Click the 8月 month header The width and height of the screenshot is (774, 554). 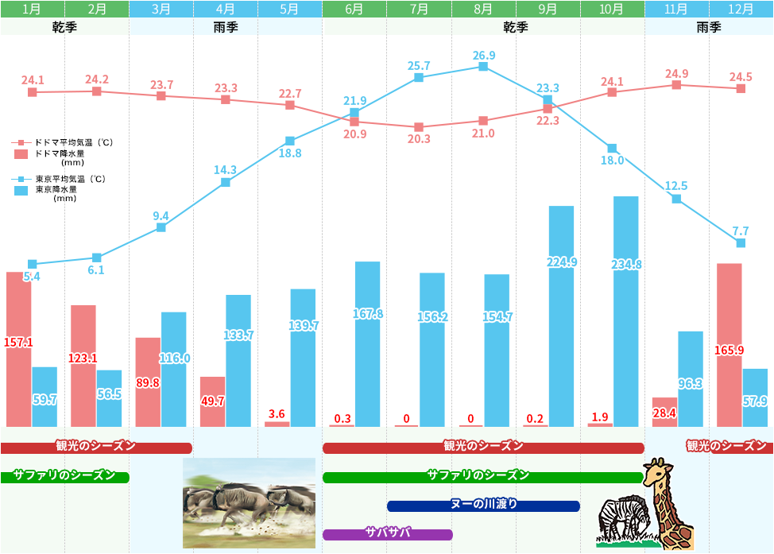point(483,9)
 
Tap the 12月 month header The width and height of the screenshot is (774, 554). point(741,9)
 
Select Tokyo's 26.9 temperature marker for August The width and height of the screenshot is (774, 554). point(483,67)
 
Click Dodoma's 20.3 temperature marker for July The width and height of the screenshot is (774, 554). point(419,127)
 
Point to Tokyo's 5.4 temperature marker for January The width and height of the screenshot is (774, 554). point(33,264)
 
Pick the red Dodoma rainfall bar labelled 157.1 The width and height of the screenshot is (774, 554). point(19,350)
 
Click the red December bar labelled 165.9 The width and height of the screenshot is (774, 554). point(729,345)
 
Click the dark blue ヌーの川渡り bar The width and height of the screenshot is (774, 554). point(483,506)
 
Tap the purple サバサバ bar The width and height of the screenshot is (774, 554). point(387,534)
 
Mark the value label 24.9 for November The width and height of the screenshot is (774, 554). point(676,74)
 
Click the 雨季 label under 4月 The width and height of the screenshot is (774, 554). point(226,27)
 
